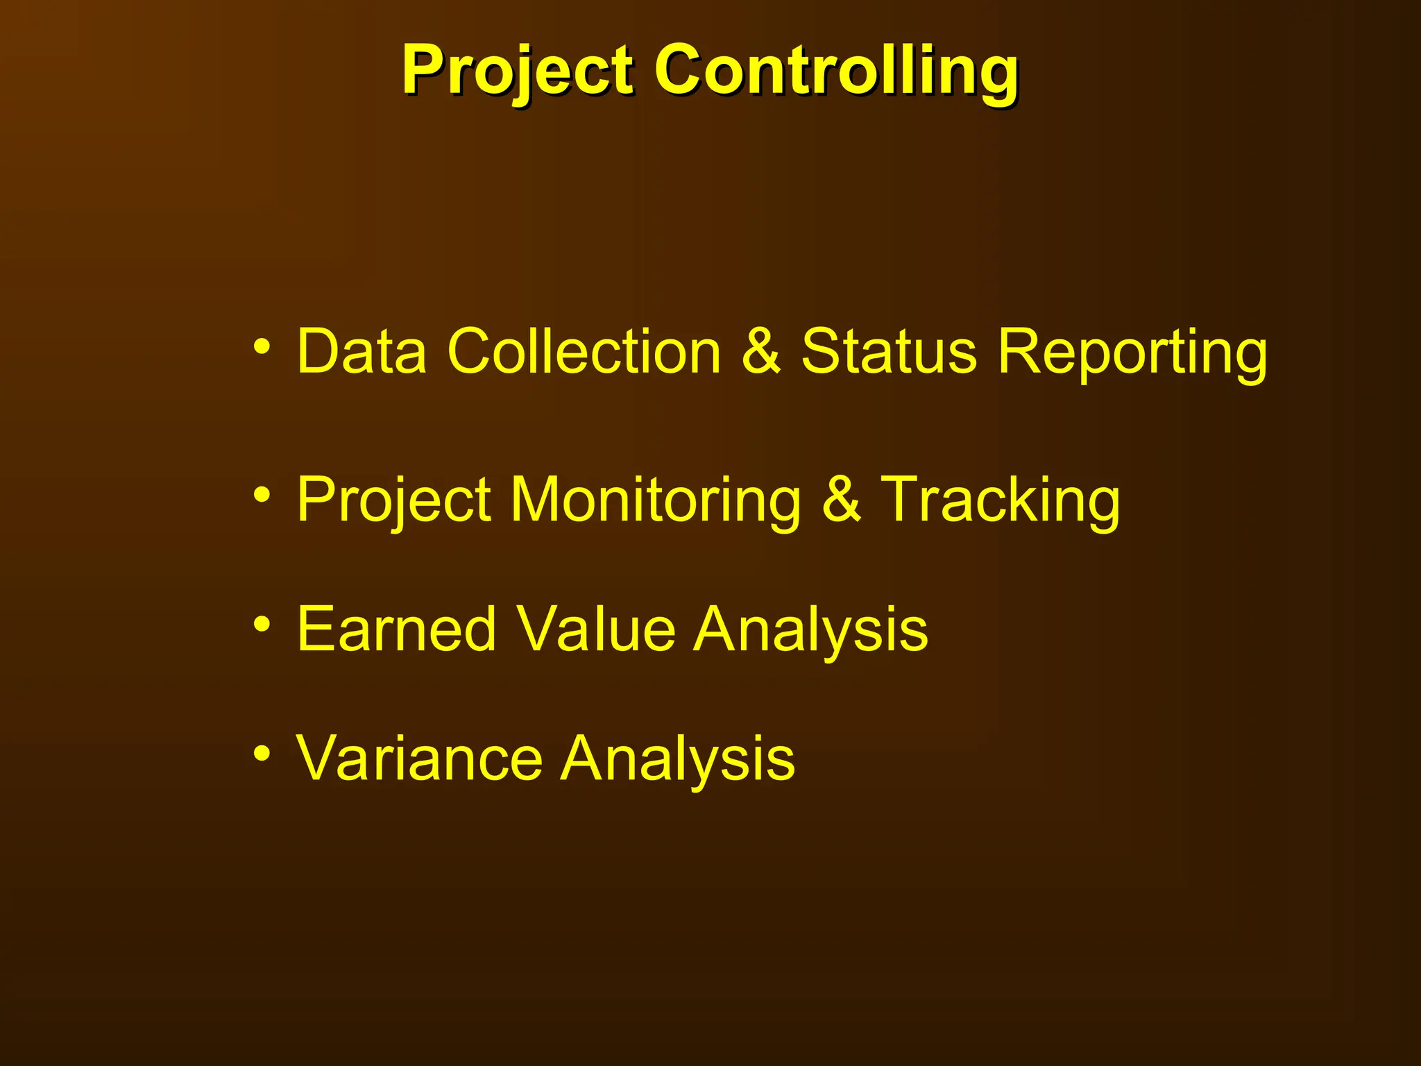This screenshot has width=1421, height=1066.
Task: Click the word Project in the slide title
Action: tap(517, 71)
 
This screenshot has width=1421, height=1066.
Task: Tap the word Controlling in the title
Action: tap(836, 71)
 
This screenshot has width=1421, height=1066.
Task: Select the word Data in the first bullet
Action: tap(361, 351)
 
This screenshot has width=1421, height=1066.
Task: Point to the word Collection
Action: tap(584, 351)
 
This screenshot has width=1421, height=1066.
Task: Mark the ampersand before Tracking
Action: tap(840, 500)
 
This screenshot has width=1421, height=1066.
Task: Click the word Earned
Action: tap(396, 629)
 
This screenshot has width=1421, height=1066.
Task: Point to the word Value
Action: tap(596, 629)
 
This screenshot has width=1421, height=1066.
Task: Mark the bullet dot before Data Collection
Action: tap(262, 346)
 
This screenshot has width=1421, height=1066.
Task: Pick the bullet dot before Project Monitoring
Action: tap(262, 495)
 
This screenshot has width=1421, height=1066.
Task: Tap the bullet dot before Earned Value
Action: tap(262, 624)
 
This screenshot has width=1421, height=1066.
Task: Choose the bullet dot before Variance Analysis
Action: tap(262, 753)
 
